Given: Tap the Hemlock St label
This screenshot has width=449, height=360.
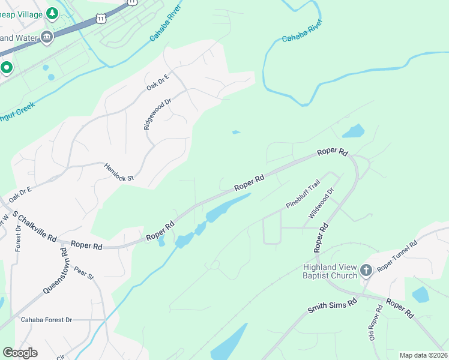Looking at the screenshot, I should pyautogui.click(x=118, y=172).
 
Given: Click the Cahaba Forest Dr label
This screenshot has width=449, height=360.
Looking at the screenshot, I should pyautogui.click(x=46, y=320).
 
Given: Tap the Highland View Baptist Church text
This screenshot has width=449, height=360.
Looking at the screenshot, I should pyautogui.click(x=331, y=272).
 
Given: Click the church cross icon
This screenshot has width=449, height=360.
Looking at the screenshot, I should pyautogui.click(x=366, y=271).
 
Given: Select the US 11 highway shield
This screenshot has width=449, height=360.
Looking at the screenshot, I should pyautogui.click(x=132, y=2).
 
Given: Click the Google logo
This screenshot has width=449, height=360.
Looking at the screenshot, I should pyautogui.click(x=20, y=353).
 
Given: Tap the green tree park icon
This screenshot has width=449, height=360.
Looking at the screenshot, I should pyautogui.click(x=53, y=13).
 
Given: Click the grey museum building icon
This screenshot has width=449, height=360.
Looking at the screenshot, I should pyautogui.click(x=46, y=38).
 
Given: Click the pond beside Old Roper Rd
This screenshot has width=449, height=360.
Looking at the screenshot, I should pyautogui.click(x=421, y=295).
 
